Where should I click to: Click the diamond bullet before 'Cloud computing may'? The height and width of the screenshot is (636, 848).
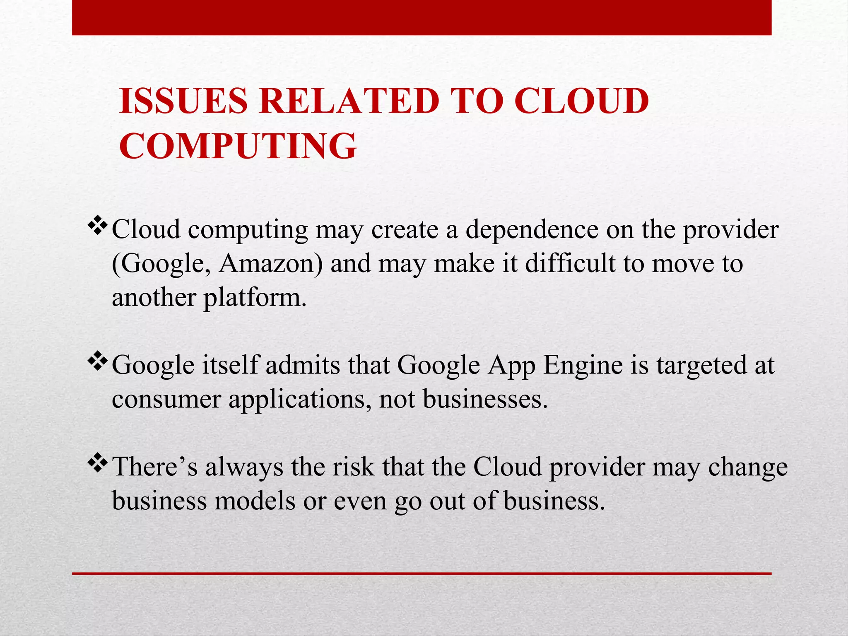pos(98,226)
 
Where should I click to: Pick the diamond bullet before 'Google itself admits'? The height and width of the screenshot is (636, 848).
pos(98,362)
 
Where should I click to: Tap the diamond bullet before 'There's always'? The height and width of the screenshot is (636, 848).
pos(98,464)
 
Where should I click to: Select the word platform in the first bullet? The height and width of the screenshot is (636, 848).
pos(255,298)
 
